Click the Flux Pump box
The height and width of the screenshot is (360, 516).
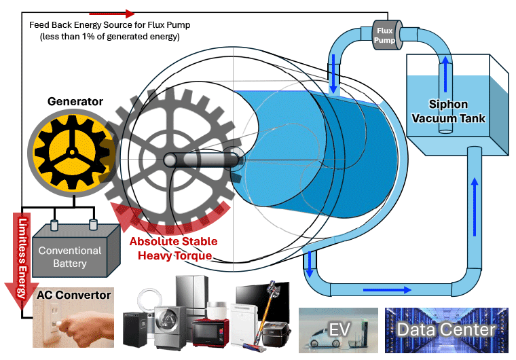pyautogui.click(x=384, y=35)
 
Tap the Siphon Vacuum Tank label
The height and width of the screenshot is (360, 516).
pyautogui.click(x=457, y=111)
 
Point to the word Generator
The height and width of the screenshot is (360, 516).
pyautogui.click(x=75, y=102)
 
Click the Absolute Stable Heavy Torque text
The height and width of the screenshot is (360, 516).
pyautogui.click(x=173, y=248)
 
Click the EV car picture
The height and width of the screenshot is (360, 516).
pyautogui.click(x=338, y=330)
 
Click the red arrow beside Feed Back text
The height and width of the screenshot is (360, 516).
pyautogui.click(x=112, y=13)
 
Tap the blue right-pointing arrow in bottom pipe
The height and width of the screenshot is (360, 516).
pyautogui.click(x=388, y=290)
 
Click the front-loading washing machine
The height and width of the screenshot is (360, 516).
pyautogui.click(x=170, y=326)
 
